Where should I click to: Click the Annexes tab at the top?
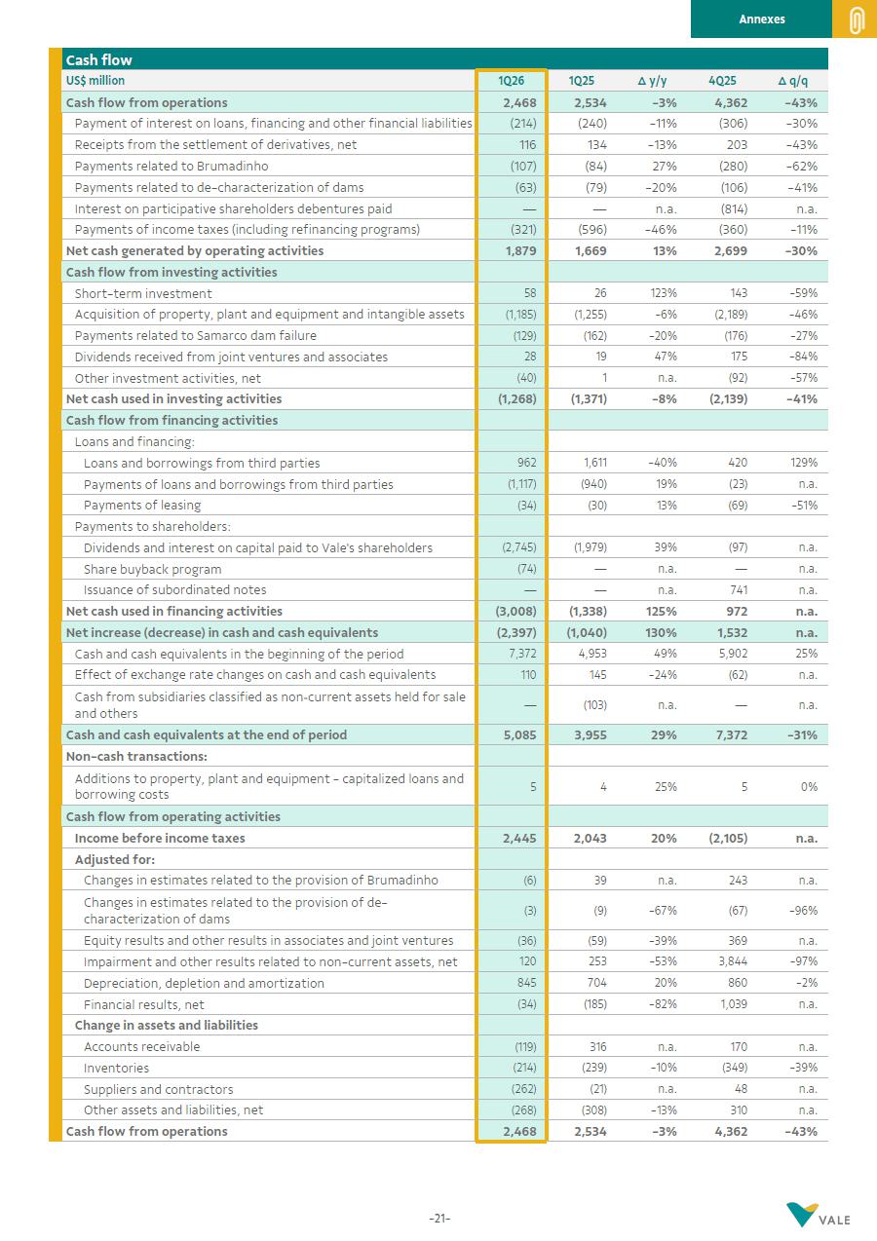coord(761,19)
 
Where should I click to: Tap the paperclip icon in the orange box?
coord(856,19)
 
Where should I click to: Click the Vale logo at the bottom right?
coord(819,1215)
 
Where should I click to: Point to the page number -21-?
coord(438,1219)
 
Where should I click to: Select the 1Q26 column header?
coord(511,81)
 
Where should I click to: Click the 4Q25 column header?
coord(721,81)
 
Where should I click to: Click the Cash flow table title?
coord(98,59)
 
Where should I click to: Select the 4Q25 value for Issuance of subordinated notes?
coord(738,589)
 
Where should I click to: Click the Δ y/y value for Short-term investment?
coord(664,293)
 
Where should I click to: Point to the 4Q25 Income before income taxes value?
coord(728,838)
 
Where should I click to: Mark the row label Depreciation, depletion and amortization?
coord(204,983)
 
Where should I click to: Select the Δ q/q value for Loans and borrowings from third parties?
coord(803,463)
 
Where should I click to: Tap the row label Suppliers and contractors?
coord(158,1089)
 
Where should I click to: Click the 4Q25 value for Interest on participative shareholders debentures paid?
coord(734,208)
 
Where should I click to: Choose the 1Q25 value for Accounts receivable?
coord(597,1046)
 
